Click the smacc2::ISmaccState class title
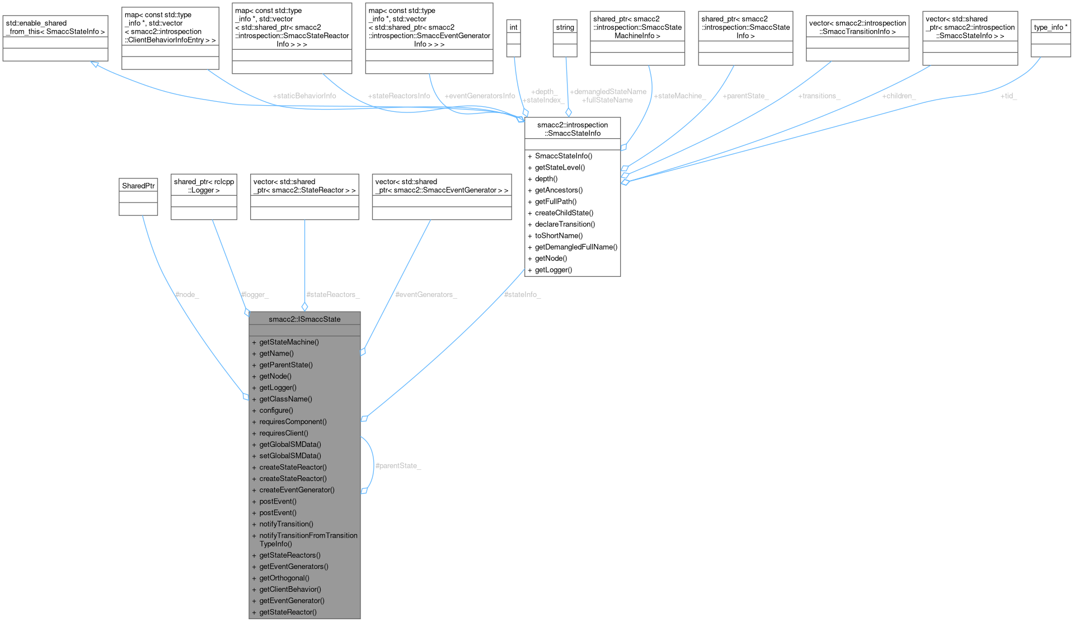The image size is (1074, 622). coord(304,319)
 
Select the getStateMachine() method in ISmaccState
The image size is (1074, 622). coord(289,342)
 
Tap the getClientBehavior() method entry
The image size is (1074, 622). coord(290,589)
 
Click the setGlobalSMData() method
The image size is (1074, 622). coord(290,455)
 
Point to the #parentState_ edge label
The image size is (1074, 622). coord(398,465)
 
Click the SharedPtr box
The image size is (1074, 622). coord(138,186)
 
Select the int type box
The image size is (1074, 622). coord(513,27)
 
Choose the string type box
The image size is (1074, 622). coord(565,27)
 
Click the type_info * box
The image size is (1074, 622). coord(1050,27)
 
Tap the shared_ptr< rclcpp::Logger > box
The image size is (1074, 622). coord(204,186)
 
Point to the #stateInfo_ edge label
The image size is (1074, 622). coord(522,294)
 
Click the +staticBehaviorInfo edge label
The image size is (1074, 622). coord(304,96)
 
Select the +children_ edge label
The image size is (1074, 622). coord(898,96)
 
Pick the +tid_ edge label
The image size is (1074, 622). coord(1009,96)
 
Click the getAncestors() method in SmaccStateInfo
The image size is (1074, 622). coord(559,190)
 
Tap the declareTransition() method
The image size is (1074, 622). coord(565,224)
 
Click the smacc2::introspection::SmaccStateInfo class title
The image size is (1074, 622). coord(573,129)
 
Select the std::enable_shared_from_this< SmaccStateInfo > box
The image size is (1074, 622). coord(55,27)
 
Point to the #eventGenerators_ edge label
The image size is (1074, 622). coord(426,294)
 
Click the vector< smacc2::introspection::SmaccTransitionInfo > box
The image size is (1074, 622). coord(857,27)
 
